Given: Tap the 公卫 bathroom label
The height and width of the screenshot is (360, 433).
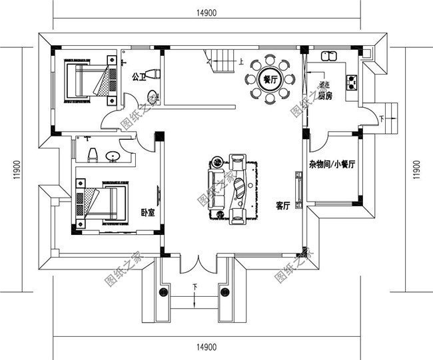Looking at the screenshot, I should (139, 76).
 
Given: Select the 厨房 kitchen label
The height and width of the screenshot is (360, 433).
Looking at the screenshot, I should (324, 96).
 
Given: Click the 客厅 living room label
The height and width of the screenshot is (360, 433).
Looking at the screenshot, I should (282, 206).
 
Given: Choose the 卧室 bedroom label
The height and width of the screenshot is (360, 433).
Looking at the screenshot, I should (147, 213).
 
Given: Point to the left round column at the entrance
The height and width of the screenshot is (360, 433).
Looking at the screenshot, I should (162, 292).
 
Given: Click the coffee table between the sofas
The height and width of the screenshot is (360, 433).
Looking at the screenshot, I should (236, 186).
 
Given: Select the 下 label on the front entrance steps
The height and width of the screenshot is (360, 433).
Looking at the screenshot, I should (195, 287).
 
